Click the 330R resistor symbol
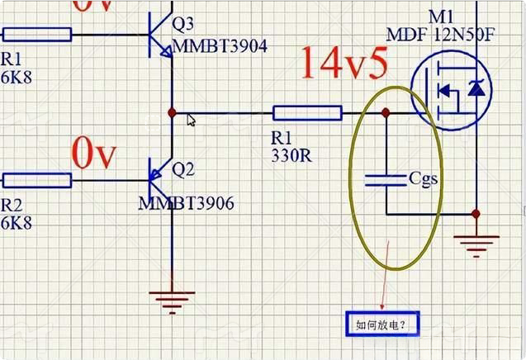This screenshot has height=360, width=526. click(x=307, y=113)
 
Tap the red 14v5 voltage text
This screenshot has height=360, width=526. click(x=344, y=62)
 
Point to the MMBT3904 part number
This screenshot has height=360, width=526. click(x=220, y=46)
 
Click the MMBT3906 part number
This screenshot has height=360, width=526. click(x=186, y=203)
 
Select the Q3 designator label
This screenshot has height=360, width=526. click(x=182, y=26)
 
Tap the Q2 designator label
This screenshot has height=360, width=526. click(x=182, y=170)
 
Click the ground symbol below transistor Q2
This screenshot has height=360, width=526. click(x=171, y=300)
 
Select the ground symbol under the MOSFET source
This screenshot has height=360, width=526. click(x=475, y=244)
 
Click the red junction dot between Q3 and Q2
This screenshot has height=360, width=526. click(x=171, y=112)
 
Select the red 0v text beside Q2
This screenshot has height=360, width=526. click(x=95, y=154)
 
